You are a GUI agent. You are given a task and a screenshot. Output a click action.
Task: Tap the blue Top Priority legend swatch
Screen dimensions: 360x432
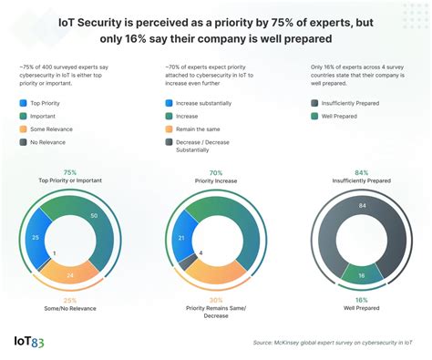(x=23, y=105)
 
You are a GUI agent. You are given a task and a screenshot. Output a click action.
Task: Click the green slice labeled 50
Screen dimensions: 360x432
(x=94, y=216)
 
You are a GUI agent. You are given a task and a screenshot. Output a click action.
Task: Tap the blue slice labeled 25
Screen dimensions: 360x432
(x=35, y=237)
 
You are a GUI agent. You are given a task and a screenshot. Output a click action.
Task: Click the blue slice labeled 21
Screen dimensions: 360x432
(x=180, y=239)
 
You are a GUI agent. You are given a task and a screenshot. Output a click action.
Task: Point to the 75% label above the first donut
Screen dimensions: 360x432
(x=68, y=172)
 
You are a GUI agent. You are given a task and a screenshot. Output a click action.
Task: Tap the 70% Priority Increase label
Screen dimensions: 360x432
(x=216, y=177)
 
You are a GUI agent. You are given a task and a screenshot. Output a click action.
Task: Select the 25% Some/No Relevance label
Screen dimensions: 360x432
(x=68, y=304)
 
